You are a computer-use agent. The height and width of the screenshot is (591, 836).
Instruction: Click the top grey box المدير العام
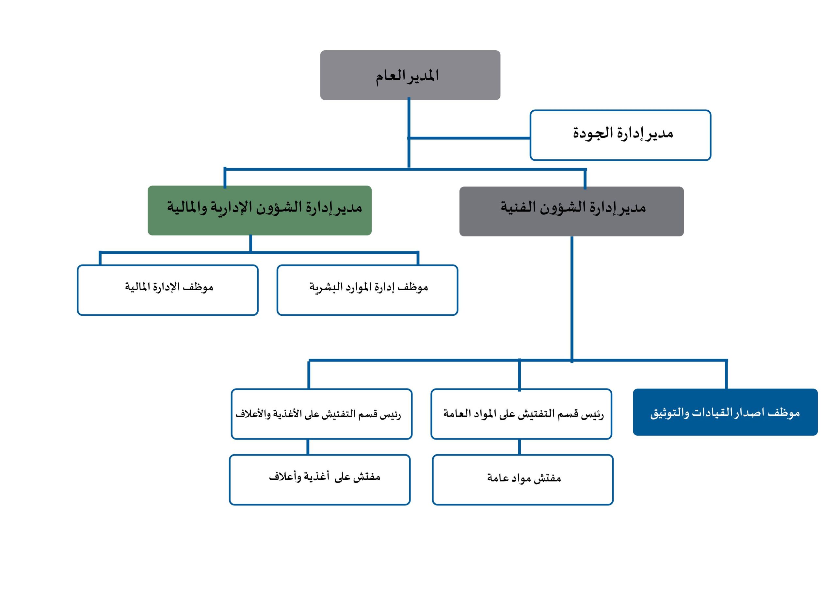pos(410,75)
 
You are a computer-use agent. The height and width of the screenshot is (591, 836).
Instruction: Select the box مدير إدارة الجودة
pos(620,135)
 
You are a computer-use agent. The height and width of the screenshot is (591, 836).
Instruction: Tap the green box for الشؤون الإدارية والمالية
pos(260,211)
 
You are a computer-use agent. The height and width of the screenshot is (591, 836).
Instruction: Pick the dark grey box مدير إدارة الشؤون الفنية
pos(571,212)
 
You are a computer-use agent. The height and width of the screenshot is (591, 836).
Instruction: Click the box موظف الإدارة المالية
pos(168,290)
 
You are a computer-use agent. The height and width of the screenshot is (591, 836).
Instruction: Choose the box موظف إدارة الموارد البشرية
pos(367,290)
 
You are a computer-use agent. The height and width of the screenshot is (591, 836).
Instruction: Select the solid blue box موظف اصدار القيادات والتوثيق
pos(725,412)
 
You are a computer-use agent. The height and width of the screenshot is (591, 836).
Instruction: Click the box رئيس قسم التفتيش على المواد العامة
pos(521,414)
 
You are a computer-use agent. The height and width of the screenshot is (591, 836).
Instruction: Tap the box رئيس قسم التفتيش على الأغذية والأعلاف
pos(322,414)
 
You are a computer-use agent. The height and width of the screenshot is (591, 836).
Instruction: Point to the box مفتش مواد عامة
pos(522,480)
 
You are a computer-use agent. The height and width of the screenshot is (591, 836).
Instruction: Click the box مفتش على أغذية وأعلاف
pos(320,480)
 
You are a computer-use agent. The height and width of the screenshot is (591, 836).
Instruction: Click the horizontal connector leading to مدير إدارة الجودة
pos(469,138)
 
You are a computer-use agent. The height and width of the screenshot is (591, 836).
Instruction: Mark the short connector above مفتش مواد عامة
pos(519,447)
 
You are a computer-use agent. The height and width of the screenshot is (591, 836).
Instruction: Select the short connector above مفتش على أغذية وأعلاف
pos(308,447)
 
